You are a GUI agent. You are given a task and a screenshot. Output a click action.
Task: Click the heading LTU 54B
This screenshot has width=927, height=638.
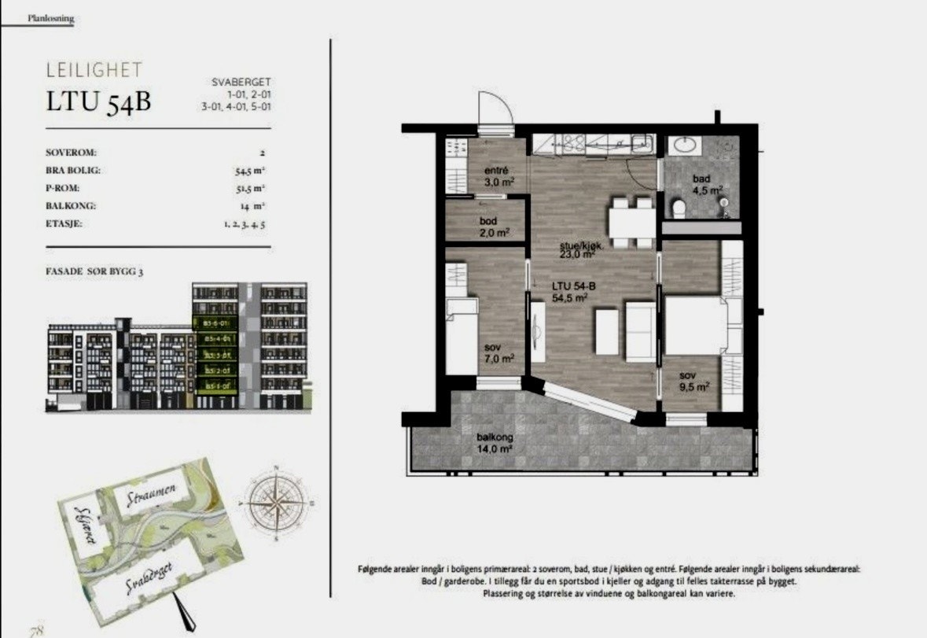(x=98, y=103)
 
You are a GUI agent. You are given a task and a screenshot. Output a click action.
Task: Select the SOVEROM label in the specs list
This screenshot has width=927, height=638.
(x=72, y=153)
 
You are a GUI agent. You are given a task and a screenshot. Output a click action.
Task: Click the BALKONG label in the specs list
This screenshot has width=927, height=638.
(x=71, y=206)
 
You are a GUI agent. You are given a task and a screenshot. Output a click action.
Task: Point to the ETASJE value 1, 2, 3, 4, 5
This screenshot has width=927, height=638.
(x=243, y=224)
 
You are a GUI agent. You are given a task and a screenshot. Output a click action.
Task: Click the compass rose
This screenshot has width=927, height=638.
(x=277, y=501)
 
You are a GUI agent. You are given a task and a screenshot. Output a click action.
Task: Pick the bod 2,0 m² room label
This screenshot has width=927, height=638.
(x=495, y=227)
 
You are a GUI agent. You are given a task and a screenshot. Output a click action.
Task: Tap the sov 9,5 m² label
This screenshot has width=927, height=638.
(x=694, y=381)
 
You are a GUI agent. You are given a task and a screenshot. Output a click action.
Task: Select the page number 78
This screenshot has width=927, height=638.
(x=35, y=630)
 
